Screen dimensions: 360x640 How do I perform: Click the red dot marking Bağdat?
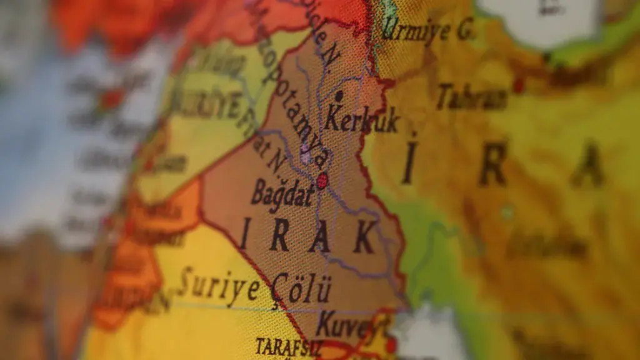coord(322,181)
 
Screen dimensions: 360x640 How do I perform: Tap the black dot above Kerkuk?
coord(339,96)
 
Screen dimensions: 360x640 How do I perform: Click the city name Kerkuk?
coord(361,119)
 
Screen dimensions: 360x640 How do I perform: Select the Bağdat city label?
coord(282,194)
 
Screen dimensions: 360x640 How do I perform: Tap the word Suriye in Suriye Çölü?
coord(218,286)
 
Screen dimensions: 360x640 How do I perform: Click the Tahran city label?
coord(471,97)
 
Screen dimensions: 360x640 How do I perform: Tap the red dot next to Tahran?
coord(518,86)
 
